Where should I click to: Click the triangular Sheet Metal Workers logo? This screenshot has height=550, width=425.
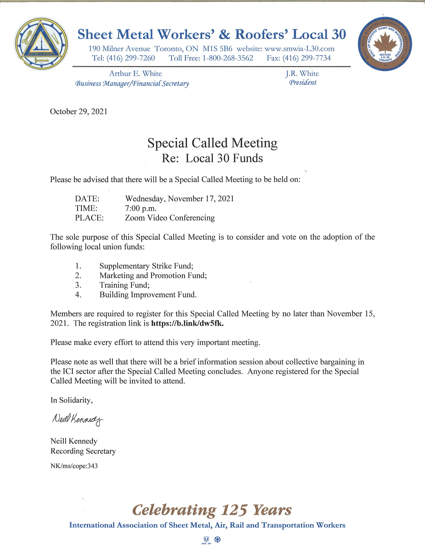click(x=41, y=43)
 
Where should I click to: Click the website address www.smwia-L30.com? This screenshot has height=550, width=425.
click(x=300, y=49)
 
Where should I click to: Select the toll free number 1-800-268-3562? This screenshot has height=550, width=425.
click(x=228, y=58)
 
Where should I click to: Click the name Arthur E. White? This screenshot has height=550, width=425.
click(x=135, y=73)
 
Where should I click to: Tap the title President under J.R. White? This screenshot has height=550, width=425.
click(x=302, y=82)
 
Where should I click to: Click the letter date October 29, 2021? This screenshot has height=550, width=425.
click(x=79, y=111)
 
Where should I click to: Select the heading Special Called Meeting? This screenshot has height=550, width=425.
click(x=212, y=143)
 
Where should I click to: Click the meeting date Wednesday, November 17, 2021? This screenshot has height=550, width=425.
click(x=179, y=199)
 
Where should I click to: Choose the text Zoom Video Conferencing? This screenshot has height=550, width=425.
click(x=170, y=218)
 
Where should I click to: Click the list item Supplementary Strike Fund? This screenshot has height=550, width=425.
click(x=146, y=266)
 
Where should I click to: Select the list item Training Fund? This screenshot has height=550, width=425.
click(x=124, y=285)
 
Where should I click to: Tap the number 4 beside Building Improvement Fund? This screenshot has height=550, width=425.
click(x=78, y=295)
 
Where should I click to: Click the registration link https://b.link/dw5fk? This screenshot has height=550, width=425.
click(x=187, y=323)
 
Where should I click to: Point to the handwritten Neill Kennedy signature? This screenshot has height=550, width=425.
click(x=77, y=419)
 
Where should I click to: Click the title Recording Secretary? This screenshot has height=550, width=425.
click(x=83, y=451)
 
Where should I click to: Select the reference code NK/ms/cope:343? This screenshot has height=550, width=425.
click(x=74, y=466)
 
